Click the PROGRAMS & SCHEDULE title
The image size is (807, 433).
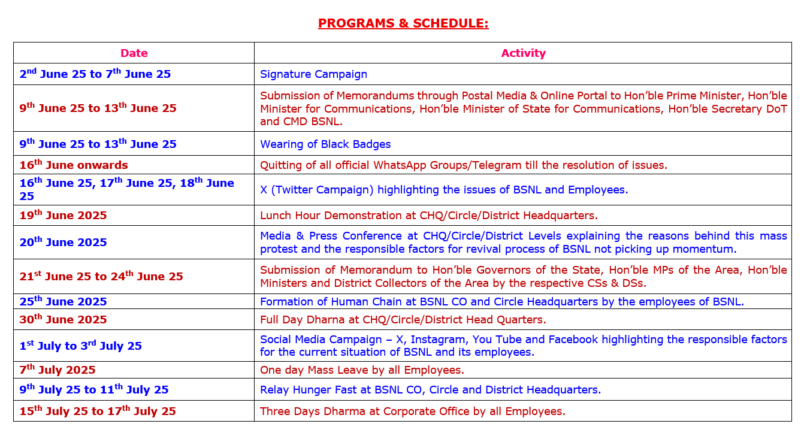tap(403, 23)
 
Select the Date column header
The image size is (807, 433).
tap(134, 53)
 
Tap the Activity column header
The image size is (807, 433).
tap(523, 53)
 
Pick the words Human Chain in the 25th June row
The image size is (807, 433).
tap(366, 301)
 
